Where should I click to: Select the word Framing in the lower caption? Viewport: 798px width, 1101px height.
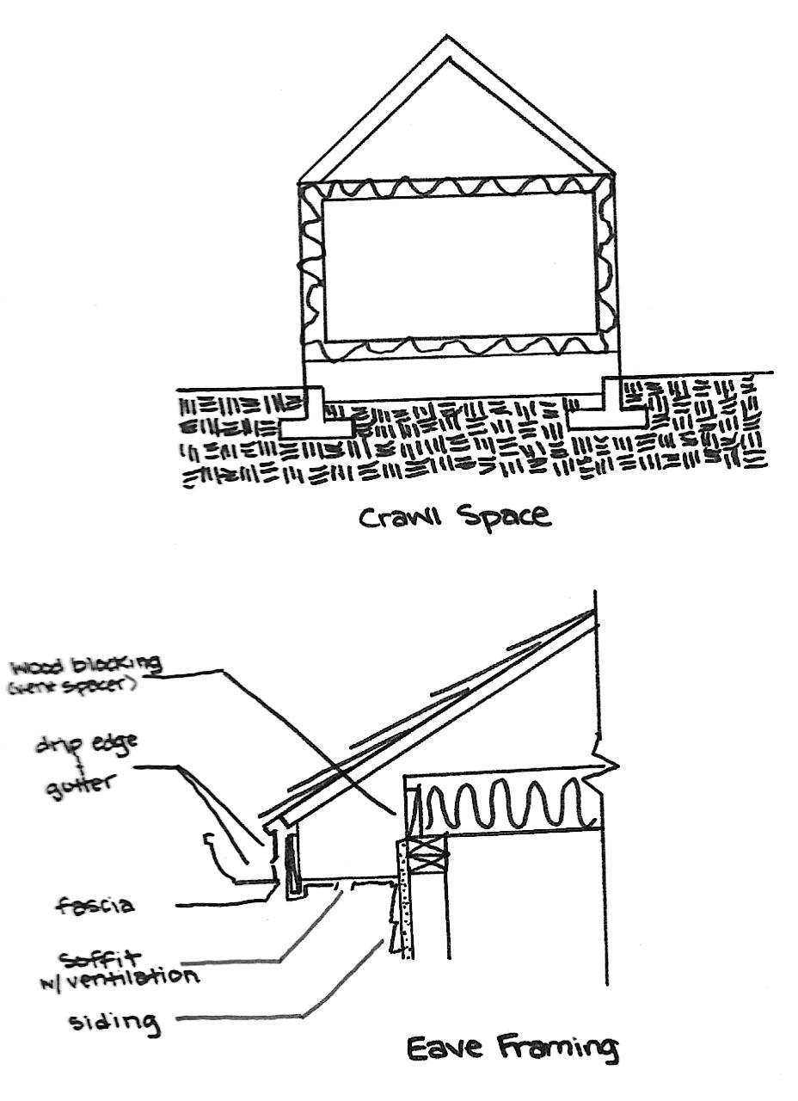point(555,1048)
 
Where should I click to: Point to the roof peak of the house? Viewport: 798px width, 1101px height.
point(446,39)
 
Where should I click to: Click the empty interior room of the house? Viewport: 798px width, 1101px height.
point(459,267)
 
